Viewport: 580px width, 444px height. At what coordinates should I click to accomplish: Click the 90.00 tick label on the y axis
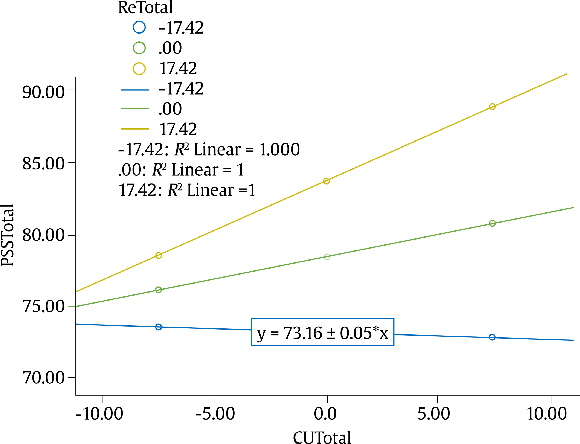click(x=43, y=93)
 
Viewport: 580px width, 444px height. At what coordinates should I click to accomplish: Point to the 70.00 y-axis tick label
click(x=43, y=378)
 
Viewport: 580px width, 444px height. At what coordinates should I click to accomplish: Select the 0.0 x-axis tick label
click(x=325, y=414)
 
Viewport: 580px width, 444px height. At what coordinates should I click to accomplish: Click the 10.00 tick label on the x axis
click(x=547, y=414)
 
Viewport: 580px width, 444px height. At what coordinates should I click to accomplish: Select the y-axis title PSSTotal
click(x=7, y=235)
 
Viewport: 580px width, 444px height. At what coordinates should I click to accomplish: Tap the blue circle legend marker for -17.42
click(x=139, y=27)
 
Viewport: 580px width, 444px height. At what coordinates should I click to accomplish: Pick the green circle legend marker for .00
click(x=139, y=48)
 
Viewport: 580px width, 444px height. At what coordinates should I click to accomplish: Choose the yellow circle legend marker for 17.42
click(x=139, y=69)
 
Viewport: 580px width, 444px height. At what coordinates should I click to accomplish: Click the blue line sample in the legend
click(x=135, y=90)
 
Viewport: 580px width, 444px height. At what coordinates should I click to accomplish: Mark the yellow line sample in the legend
click(x=135, y=129)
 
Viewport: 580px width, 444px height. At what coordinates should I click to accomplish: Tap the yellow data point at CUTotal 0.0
click(x=326, y=181)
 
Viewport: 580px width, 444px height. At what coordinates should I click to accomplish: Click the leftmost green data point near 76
click(x=158, y=290)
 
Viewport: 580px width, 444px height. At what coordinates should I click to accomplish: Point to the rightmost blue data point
click(x=492, y=337)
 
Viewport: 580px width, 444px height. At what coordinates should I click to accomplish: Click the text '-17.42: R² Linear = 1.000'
click(x=209, y=150)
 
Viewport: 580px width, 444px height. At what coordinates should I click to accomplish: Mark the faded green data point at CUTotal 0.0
click(x=327, y=257)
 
